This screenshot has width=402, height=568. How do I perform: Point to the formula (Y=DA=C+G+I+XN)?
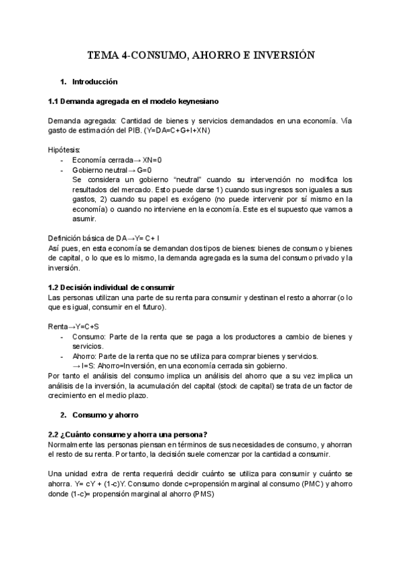176,130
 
